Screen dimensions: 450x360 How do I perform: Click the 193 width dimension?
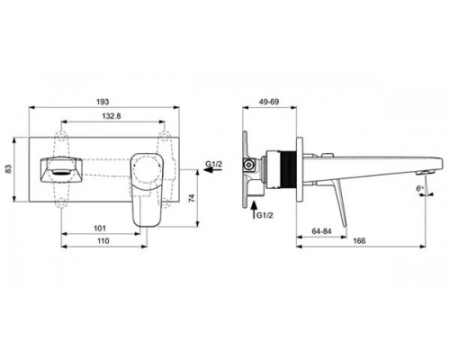103,102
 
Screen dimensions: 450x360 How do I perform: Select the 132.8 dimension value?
112,116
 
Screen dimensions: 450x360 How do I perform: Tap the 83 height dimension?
8,168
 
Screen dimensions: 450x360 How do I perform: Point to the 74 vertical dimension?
192,198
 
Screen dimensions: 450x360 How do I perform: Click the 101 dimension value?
100,229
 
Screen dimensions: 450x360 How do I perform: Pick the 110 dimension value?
103,241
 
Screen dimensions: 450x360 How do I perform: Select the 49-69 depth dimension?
269,102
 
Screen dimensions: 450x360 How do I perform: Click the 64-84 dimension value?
321,231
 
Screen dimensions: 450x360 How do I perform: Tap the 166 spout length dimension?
359,241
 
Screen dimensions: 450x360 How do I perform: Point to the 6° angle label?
419,188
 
